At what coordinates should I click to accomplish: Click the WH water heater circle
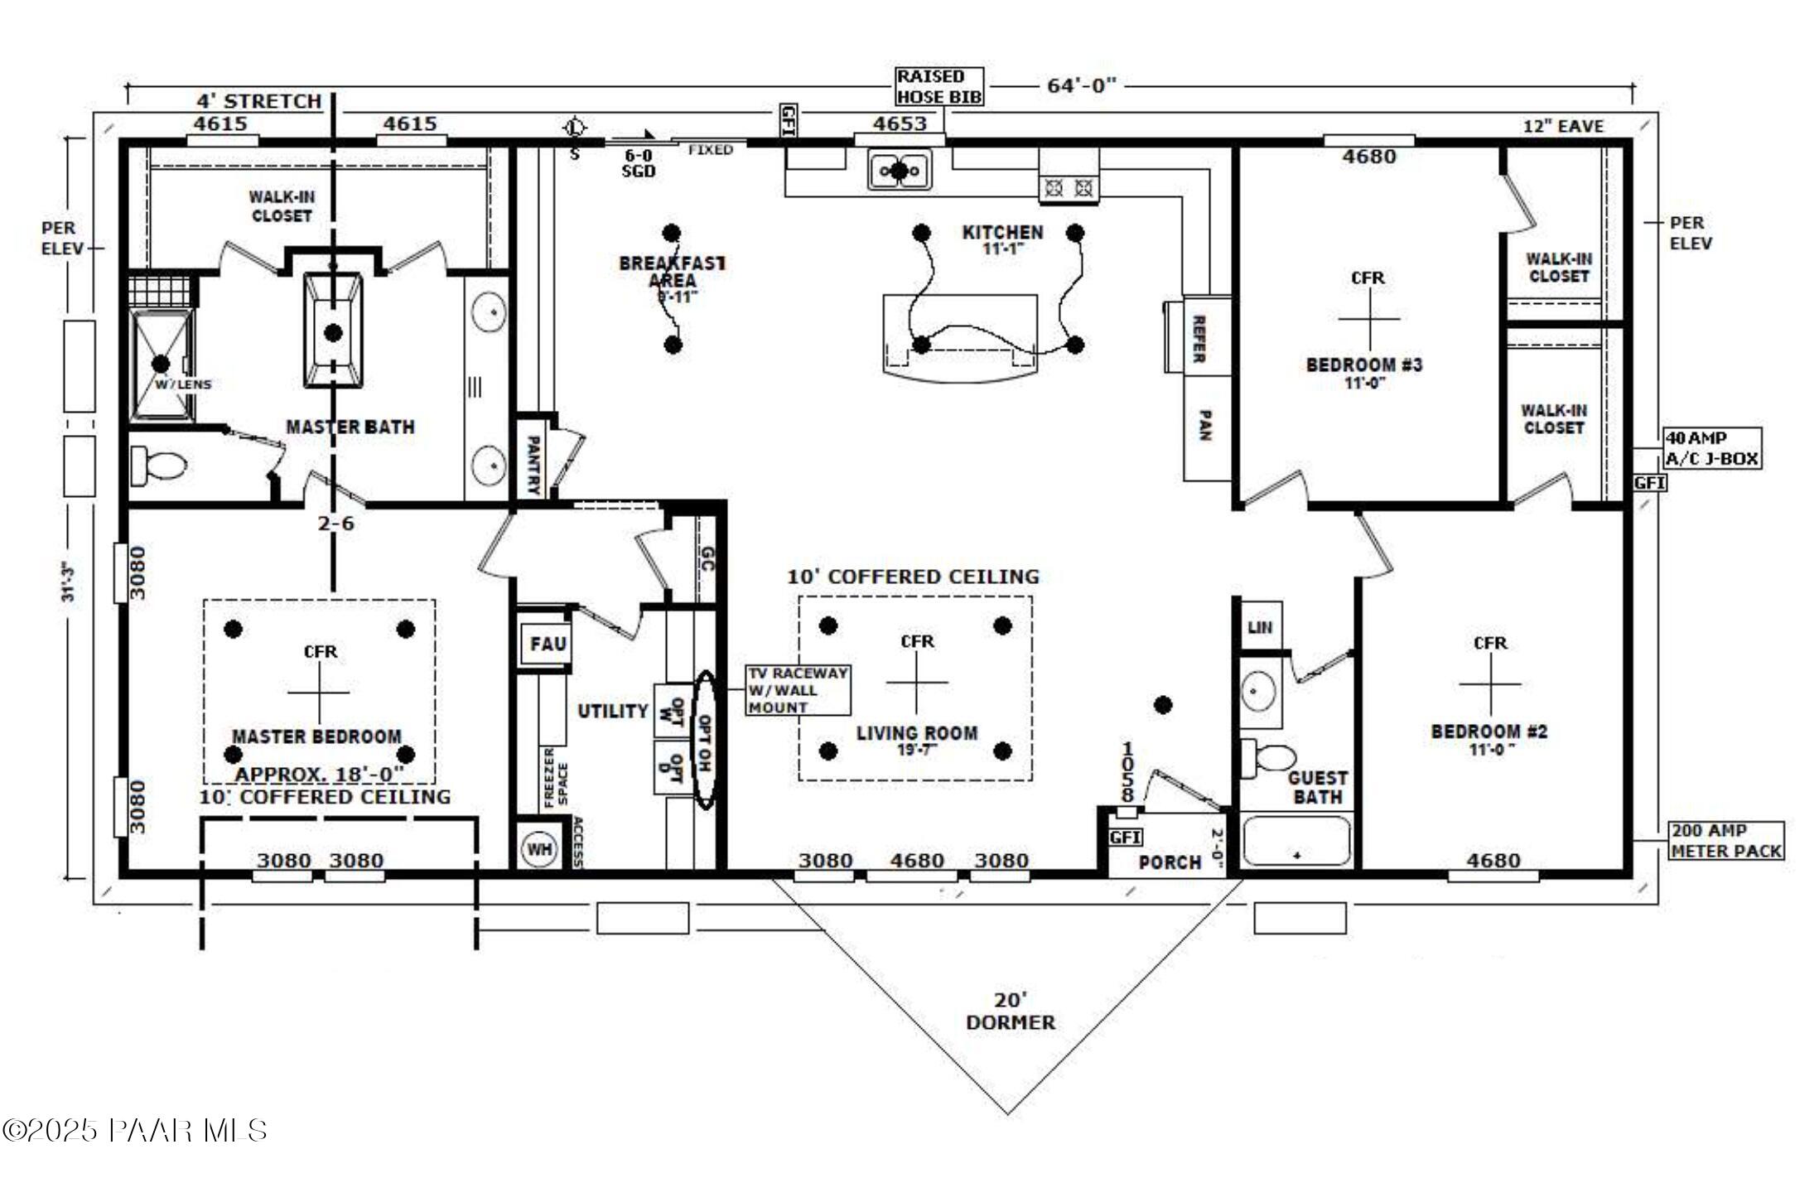[539, 849]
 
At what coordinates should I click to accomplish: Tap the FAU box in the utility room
[548, 644]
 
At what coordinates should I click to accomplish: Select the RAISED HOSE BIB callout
[939, 87]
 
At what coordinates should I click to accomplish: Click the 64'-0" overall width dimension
[1081, 85]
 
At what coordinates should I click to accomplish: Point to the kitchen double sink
[900, 171]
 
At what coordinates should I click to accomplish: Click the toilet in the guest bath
[1271, 756]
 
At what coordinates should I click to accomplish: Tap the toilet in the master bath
[161, 466]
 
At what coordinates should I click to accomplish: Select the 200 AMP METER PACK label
[1725, 841]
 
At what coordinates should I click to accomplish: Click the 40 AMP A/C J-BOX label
[1712, 448]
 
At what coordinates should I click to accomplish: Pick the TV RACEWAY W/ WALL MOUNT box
[798, 690]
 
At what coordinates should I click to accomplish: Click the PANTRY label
[533, 465]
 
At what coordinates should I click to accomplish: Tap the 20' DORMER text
[1010, 1012]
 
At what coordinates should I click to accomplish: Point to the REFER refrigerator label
[1198, 338]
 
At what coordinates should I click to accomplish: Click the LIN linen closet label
[1259, 627]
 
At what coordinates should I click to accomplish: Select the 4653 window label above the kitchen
[900, 123]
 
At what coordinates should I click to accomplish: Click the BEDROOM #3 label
[1363, 365]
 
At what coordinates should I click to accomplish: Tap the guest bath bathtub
[1297, 841]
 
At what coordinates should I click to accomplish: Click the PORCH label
[1170, 862]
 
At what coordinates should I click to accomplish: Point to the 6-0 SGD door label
[638, 163]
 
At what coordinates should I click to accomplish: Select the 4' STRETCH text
[258, 101]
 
